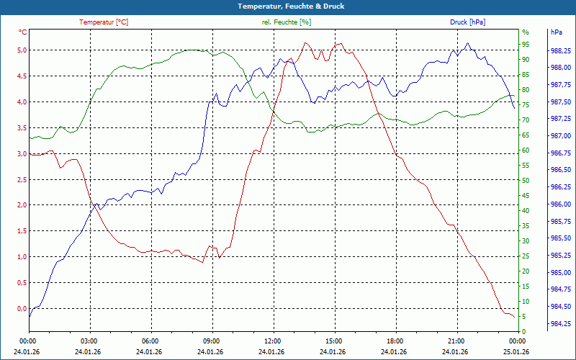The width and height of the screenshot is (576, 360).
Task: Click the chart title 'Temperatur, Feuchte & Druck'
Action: (x=288, y=6)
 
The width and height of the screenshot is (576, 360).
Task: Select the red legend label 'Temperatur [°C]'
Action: (x=104, y=22)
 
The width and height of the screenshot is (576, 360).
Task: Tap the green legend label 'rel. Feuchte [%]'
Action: (x=287, y=22)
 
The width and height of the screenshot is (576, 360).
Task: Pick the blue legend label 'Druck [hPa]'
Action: (x=468, y=22)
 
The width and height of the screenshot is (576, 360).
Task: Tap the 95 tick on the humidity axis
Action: (x=526, y=44)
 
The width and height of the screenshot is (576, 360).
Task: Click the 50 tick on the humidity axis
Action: (x=526, y=180)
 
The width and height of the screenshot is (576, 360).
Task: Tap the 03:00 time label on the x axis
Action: (x=89, y=341)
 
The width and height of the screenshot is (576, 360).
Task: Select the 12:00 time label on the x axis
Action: (x=273, y=341)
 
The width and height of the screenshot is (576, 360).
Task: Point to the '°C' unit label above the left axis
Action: (x=23, y=32)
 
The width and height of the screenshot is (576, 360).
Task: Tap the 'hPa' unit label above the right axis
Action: (x=557, y=32)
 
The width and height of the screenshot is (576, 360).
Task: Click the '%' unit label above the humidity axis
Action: (x=526, y=32)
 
